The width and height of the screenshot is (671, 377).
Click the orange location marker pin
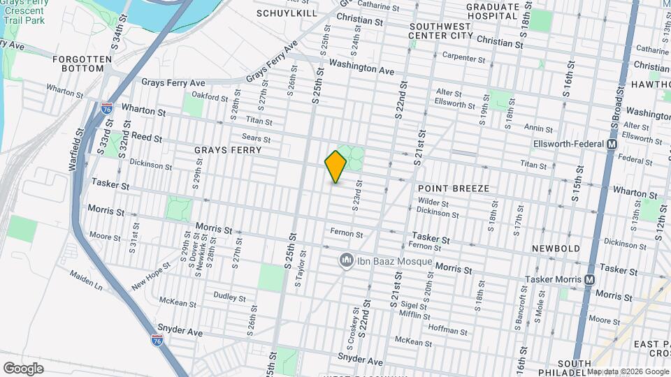tap(335, 166)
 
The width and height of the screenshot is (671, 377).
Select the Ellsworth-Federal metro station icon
tap(612, 145)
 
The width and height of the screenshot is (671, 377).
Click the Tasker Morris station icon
tap(590, 280)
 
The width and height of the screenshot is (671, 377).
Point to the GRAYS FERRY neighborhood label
tap(228, 150)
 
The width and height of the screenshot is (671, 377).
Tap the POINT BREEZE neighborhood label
tap(452, 188)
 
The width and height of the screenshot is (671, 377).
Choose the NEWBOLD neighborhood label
tap(556, 249)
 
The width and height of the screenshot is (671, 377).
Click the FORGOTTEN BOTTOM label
tap(82, 64)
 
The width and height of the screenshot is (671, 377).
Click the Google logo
tap(23, 369)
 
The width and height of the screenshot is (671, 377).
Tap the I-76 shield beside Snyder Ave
tap(157, 340)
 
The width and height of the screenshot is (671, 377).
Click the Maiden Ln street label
tap(85, 282)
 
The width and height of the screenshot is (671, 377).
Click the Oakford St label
tap(210, 98)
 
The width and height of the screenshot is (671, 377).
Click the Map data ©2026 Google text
tap(627, 371)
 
